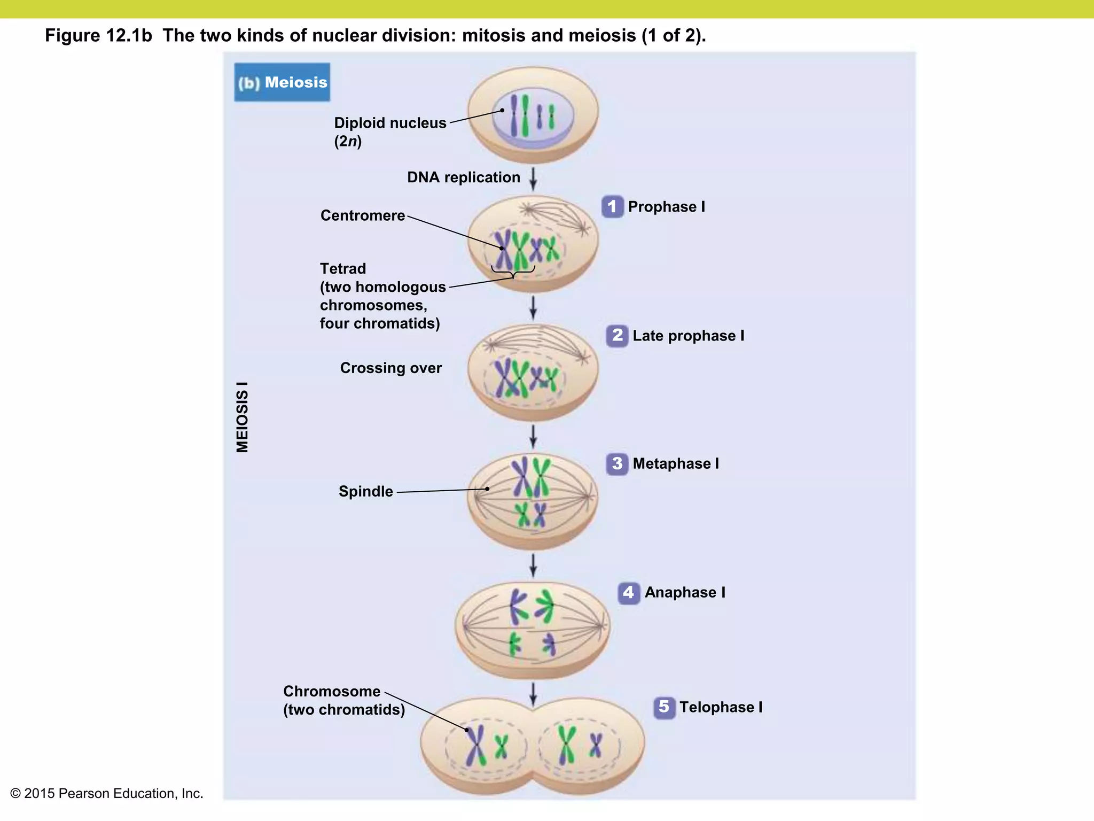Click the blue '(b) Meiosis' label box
(x=282, y=82)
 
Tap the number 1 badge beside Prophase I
(x=612, y=206)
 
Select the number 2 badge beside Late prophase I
(x=617, y=336)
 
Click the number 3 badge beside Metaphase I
(x=617, y=463)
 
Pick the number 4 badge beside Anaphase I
(x=629, y=593)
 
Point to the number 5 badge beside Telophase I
(x=664, y=707)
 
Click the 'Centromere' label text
(x=363, y=215)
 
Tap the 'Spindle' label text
(x=366, y=491)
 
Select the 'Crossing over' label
(x=391, y=368)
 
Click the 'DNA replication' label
(x=464, y=177)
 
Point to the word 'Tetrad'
(x=343, y=268)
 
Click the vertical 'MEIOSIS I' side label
(x=243, y=417)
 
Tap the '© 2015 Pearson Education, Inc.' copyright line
(x=107, y=793)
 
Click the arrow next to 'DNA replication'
(x=533, y=179)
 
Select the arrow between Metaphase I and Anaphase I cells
(x=533, y=566)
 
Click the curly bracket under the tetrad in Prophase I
(x=513, y=273)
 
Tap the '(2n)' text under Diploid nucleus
(x=348, y=141)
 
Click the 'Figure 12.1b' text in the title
(x=99, y=35)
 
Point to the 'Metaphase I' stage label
(x=676, y=463)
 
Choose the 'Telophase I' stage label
(x=721, y=707)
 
